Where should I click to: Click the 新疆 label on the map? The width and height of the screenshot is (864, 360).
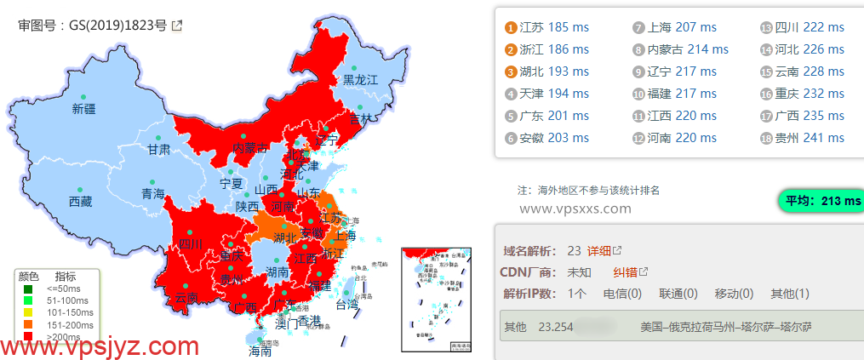[x=83, y=109]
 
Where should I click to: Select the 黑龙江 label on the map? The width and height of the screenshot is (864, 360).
[x=360, y=80]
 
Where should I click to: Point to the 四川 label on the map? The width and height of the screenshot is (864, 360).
[x=191, y=244]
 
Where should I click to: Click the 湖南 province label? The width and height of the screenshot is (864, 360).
[x=277, y=272]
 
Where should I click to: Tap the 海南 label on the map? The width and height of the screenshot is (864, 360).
[x=260, y=350]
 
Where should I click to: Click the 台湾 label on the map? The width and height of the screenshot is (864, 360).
[x=347, y=304]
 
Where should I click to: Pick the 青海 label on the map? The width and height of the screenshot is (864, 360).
[x=153, y=194]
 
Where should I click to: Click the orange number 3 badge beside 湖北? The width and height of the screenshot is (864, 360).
[x=511, y=72]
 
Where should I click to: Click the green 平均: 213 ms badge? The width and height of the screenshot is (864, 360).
[x=821, y=201]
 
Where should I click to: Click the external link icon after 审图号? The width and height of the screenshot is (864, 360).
[x=177, y=26]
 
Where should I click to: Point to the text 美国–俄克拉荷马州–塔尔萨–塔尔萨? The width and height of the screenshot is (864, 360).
[x=726, y=327]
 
